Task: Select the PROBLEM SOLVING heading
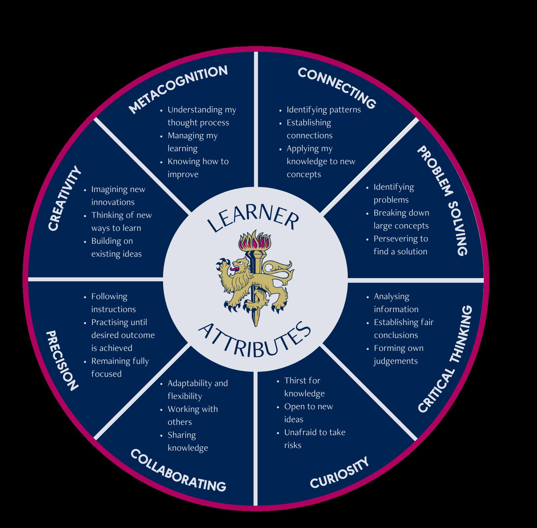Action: [x=442, y=200]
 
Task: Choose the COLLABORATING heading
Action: [x=178, y=471]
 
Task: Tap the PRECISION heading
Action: [x=62, y=360]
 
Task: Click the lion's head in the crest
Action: [x=240, y=265]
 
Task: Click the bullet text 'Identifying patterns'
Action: [x=323, y=109]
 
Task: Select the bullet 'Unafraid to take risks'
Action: [x=314, y=438]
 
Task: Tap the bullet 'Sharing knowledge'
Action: [x=187, y=441]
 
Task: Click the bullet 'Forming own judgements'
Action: [x=398, y=354]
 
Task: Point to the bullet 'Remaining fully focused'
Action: [x=120, y=367]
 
